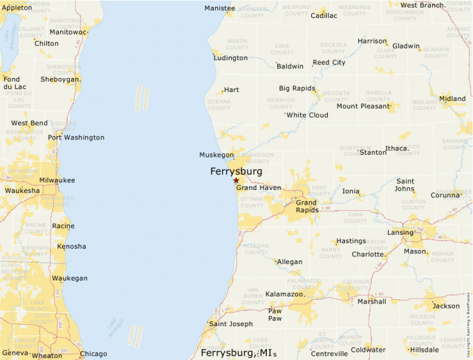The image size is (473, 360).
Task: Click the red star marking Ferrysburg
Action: tap(236, 180)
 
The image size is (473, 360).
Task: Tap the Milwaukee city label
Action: tap(57, 180)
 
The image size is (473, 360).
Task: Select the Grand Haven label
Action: tap(259, 187)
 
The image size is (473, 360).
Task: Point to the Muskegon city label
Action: tap(216, 155)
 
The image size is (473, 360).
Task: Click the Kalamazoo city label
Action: tap(285, 294)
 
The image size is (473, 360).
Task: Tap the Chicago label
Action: tap(93, 354)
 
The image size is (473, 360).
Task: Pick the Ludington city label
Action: tap(230, 58)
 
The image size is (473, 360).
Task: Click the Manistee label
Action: tap(219, 8)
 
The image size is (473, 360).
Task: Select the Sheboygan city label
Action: tap(61, 79)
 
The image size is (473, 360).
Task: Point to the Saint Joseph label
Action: tap(231, 324)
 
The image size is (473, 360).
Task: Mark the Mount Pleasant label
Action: tap(364, 106)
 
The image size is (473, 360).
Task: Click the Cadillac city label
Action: tap(324, 15)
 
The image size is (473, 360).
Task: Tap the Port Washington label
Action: tap(75, 138)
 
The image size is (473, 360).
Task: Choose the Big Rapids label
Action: tap(297, 88)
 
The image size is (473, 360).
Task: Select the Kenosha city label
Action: tap(72, 246)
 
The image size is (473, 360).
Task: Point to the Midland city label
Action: tap(452, 99)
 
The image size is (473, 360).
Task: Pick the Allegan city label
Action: tap(289, 262)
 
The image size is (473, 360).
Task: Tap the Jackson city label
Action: tap(445, 305)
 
